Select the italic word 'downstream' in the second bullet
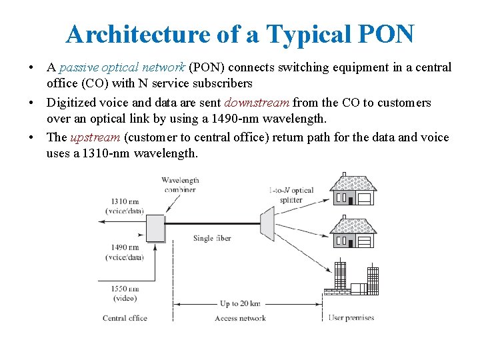[x=257, y=103]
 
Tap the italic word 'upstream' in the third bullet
[x=95, y=137]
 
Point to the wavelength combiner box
[x=155, y=227]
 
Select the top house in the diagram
[x=353, y=190]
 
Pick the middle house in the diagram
[x=353, y=233]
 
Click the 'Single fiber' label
[x=212, y=238]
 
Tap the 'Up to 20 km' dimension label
[x=239, y=304]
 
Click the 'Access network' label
[x=240, y=318]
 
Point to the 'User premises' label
[x=351, y=318]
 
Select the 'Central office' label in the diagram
[x=125, y=318]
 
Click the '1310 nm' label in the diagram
[x=125, y=201]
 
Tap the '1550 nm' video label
[x=125, y=289]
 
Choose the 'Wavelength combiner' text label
[x=179, y=185]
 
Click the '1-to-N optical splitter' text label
[x=291, y=195]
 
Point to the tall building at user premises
[x=340, y=275]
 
